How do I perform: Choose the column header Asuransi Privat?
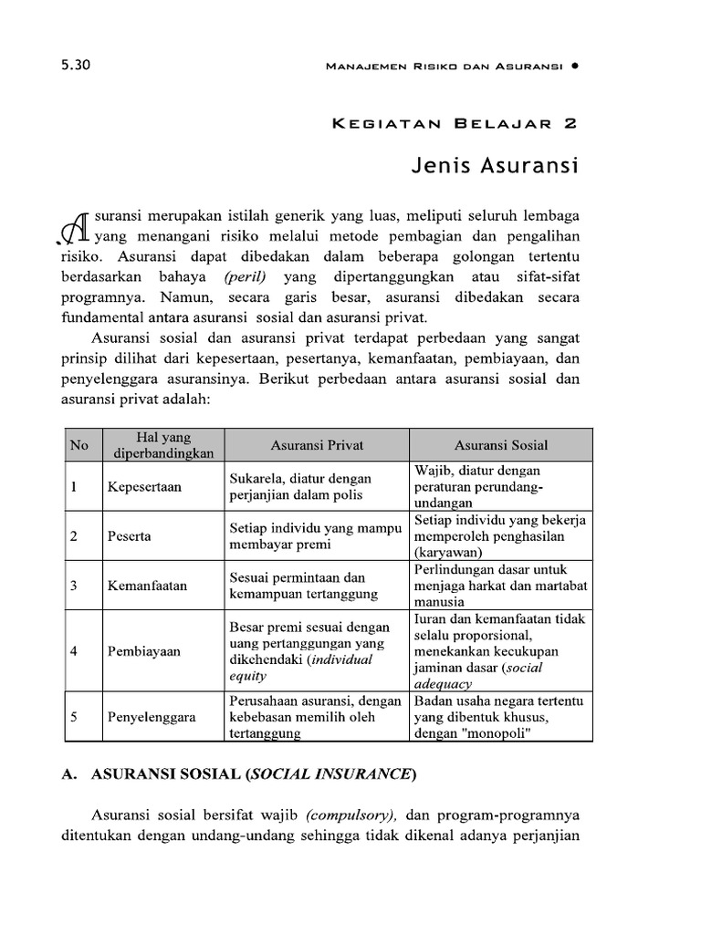click(317, 445)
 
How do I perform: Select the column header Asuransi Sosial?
click(501, 445)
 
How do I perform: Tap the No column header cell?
click(79, 445)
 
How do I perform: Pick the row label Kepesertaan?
click(144, 487)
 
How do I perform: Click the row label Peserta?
click(130, 536)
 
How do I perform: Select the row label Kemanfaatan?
click(147, 585)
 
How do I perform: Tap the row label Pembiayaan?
click(144, 651)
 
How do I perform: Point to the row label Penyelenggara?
click(152, 717)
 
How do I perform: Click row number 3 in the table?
click(73, 585)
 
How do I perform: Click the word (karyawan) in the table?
click(448, 552)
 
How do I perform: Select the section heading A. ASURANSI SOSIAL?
click(238, 774)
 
